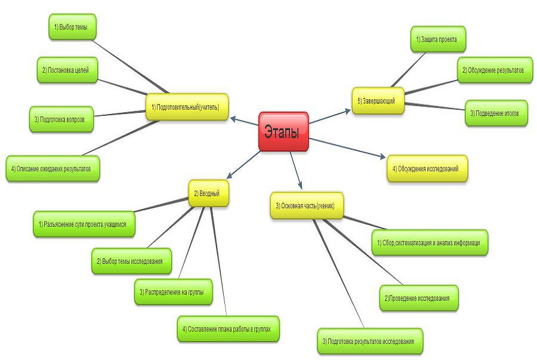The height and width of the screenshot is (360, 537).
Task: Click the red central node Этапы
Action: coord(283,131)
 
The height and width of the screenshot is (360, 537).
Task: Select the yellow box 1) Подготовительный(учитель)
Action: coord(187,107)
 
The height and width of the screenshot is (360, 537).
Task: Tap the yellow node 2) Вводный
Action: coord(209,193)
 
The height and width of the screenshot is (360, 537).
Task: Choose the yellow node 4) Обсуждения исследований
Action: coord(427,169)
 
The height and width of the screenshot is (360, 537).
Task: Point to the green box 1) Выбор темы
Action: coord(71,27)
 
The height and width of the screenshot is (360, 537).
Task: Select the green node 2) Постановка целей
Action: coord(66,70)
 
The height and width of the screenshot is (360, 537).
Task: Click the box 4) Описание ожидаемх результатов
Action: coord(53,169)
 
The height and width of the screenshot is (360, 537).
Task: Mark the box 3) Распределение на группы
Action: coord(173,292)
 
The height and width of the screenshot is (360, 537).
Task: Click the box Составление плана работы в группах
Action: coord(228,329)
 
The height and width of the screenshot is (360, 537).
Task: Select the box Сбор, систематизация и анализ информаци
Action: coord(430,243)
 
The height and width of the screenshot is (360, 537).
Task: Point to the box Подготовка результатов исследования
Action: coord(370,341)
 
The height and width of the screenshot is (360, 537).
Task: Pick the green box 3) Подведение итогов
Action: coord(496,112)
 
